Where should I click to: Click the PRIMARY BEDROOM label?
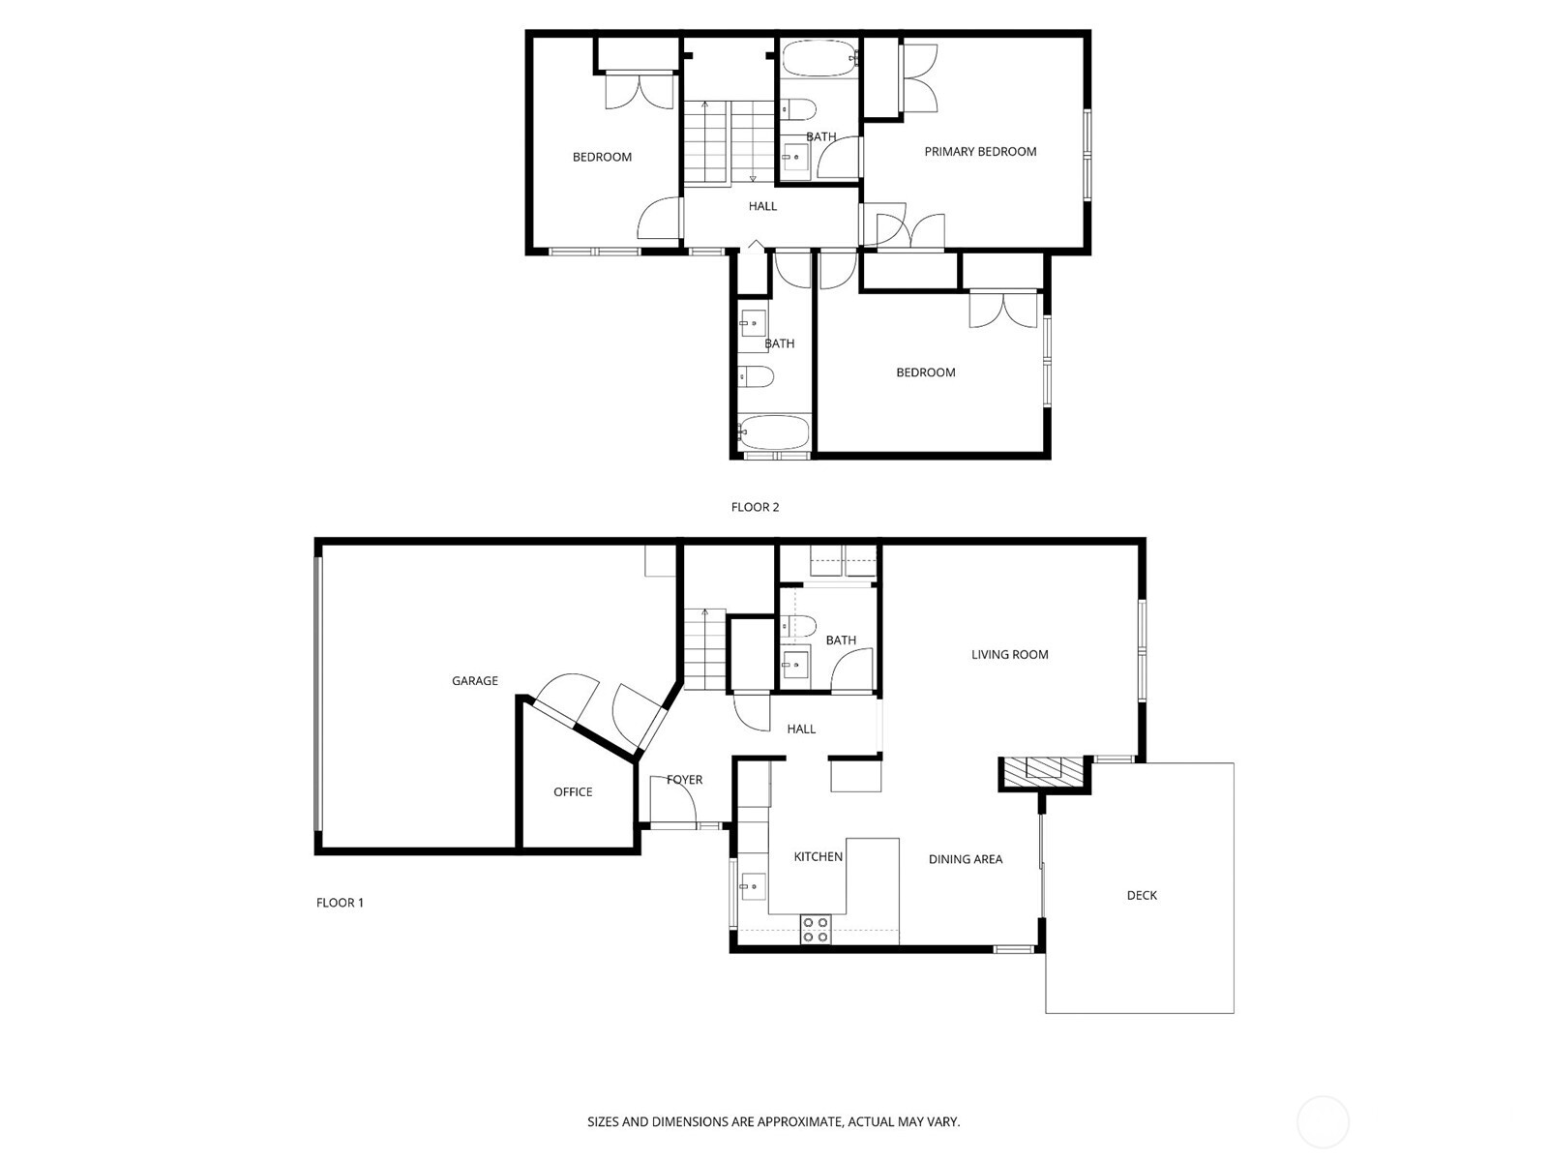[x=980, y=152]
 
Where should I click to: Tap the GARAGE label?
[x=475, y=681]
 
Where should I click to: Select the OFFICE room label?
[x=573, y=792]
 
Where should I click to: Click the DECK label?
[x=1142, y=896]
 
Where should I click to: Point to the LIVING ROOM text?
[x=1010, y=655]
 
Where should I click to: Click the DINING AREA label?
[x=966, y=859]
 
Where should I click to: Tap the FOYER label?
[x=685, y=780]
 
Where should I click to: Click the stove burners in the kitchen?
[x=815, y=930]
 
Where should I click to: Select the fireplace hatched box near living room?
[x=1044, y=770]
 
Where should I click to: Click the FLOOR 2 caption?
[x=755, y=507]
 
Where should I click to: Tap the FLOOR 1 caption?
[x=340, y=903]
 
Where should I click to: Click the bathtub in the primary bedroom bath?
[x=819, y=59]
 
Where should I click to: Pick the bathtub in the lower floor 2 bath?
[x=774, y=432]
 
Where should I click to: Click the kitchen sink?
[x=752, y=886]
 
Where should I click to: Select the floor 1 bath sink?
[x=795, y=665]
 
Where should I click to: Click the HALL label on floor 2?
[x=762, y=206]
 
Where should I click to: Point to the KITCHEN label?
[x=819, y=857]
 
